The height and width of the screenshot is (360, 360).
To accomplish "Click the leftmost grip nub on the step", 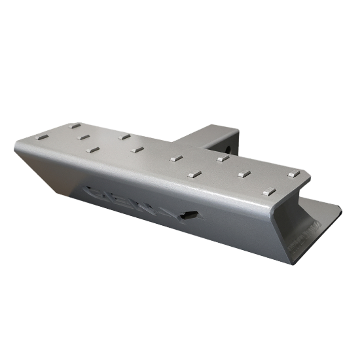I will tap(44, 138).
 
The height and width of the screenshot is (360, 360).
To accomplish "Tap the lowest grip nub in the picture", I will tap(266, 192).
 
